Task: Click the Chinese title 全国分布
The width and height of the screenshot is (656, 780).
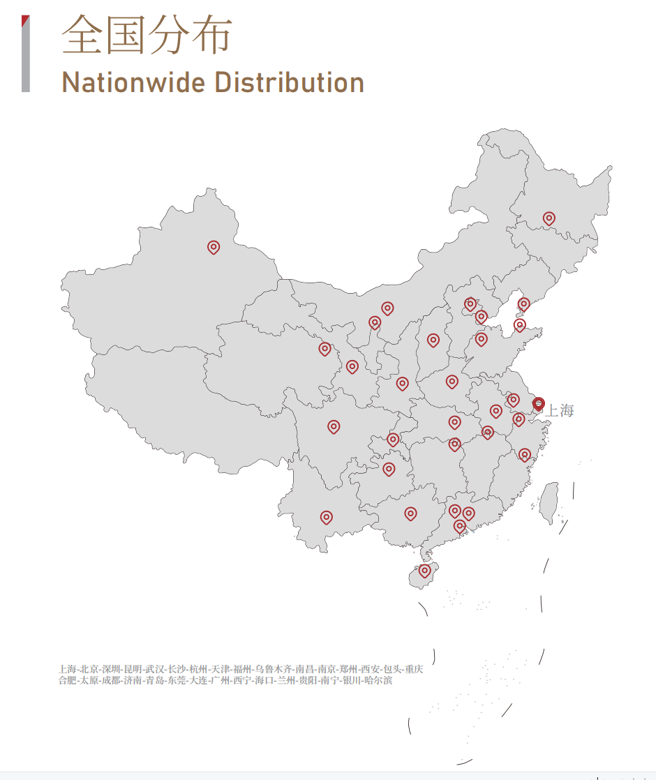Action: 147,35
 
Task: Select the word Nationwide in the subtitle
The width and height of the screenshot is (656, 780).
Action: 133,82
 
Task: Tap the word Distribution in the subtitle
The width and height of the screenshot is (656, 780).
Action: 289,82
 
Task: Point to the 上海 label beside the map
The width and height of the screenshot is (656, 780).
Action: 560,411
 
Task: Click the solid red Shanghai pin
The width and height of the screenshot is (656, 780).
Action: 538,403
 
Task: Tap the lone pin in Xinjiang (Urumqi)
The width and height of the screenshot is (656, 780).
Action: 214,247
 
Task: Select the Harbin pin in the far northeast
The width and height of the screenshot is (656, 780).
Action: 549,218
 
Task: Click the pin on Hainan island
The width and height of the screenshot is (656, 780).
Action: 424,571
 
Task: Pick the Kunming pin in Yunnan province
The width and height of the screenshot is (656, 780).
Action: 326,517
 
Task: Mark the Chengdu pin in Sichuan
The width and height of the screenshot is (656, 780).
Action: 334,426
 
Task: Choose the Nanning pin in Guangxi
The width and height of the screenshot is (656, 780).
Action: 410,513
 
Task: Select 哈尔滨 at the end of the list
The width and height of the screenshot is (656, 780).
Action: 378,680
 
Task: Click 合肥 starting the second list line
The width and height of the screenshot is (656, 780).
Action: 68,680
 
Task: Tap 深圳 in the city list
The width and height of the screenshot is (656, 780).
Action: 111,669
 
